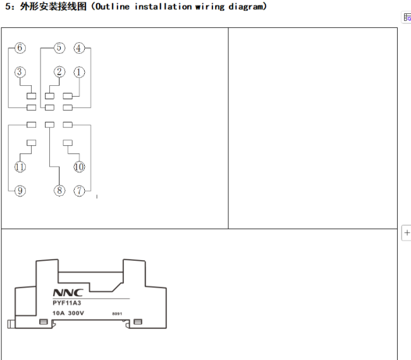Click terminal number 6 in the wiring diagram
pyautogui.click(x=20, y=48)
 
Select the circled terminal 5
pyautogui.click(x=59, y=48)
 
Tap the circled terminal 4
pyautogui.click(x=79, y=48)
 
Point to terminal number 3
pyautogui.click(x=20, y=72)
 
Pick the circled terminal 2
pyautogui.click(x=59, y=72)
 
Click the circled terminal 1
pyautogui.click(x=79, y=72)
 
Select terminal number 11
pyautogui.click(x=20, y=167)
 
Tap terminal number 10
pyautogui.click(x=79, y=167)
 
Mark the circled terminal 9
pyautogui.click(x=20, y=190)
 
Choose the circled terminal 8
pyautogui.click(x=59, y=190)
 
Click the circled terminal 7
pyautogui.click(x=79, y=190)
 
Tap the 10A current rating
pyautogui.click(x=58, y=313)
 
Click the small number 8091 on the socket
pyautogui.click(x=116, y=314)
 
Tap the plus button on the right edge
pyautogui.click(x=407, y=233)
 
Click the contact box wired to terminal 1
pyautogui.click(x=68, y=96)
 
